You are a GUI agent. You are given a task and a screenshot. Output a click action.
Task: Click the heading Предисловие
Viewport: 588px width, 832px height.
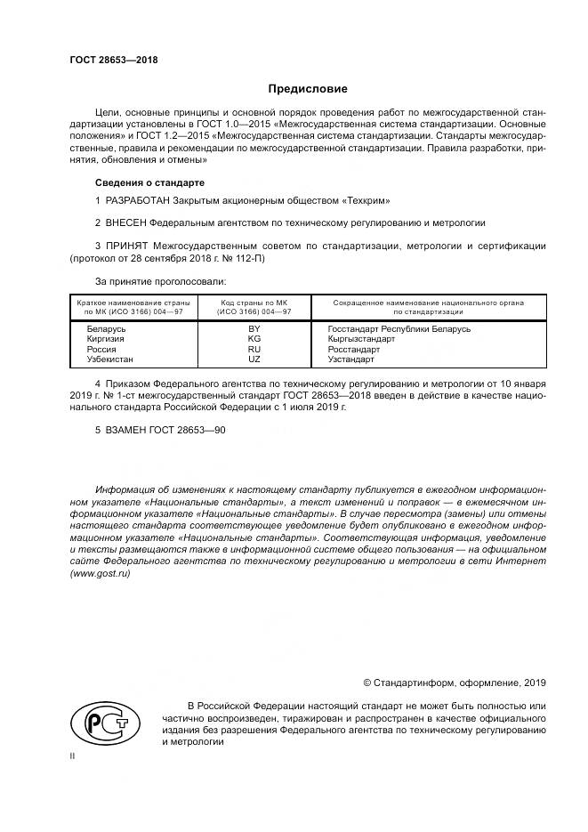click(x=308, y=89)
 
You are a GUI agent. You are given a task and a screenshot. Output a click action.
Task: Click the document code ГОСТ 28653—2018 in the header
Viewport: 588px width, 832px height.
click(x=114, y=60)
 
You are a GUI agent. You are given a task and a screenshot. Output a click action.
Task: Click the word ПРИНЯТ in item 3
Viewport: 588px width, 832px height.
click(x=127, y=244)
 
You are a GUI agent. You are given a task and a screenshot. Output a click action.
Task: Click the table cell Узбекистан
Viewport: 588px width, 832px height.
click(x=109, y=359)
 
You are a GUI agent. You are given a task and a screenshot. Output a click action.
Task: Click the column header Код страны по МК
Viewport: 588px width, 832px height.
click(x=254, y=303)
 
